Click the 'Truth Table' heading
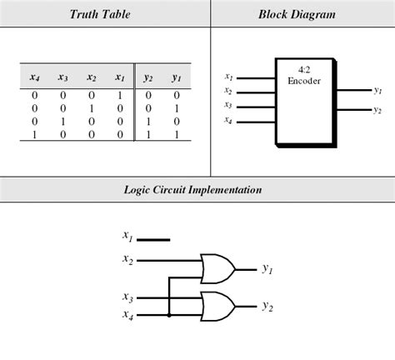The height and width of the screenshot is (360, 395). pyautogui.click(x=100, y=14)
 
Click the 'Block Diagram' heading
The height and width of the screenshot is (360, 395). pyautogui.click(x=297, y=14)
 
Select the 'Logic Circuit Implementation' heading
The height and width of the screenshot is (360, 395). pyautogui.click(x=192, y=190)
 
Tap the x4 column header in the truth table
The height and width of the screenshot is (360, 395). pyautogui.click(x=35, y=77)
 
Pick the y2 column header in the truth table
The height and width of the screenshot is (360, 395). pyautogui.click(x=148, y=77)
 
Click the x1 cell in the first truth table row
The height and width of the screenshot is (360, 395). pyautogui.click(x=120, y=96)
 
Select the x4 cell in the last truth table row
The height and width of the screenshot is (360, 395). pyautogui.click(x=34, y=135)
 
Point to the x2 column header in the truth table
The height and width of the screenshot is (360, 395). pyautogui.click(x=92, y=77)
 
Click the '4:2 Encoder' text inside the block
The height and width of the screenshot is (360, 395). pyautogui.click(x=304, y=75)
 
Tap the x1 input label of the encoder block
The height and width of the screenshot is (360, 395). pyautogui.click(x=228, y=77)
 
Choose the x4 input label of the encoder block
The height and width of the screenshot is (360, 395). pyautogui.click(x=228, y=120)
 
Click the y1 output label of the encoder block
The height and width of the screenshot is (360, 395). pyautogui.click(x=377, y=90)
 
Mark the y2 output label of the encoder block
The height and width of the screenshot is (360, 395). pyautogui.click(x=377, y=110)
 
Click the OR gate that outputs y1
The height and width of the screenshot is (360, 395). pyautogui.click(x=218, y=268)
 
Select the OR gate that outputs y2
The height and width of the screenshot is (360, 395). pyautogui.click(x=218, y=307)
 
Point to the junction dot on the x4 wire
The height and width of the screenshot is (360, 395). pyautogui.click(x=169, y=315)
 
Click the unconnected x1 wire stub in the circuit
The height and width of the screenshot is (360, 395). pyautogui.click(x=153, y=240)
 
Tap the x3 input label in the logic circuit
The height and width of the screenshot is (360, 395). pyautogui.click(x=127, y=297)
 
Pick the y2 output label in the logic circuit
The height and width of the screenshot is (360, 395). pyautogui.click(x=267, y=307)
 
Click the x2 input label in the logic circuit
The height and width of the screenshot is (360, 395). pyautogui.click(x=127, y=259)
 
